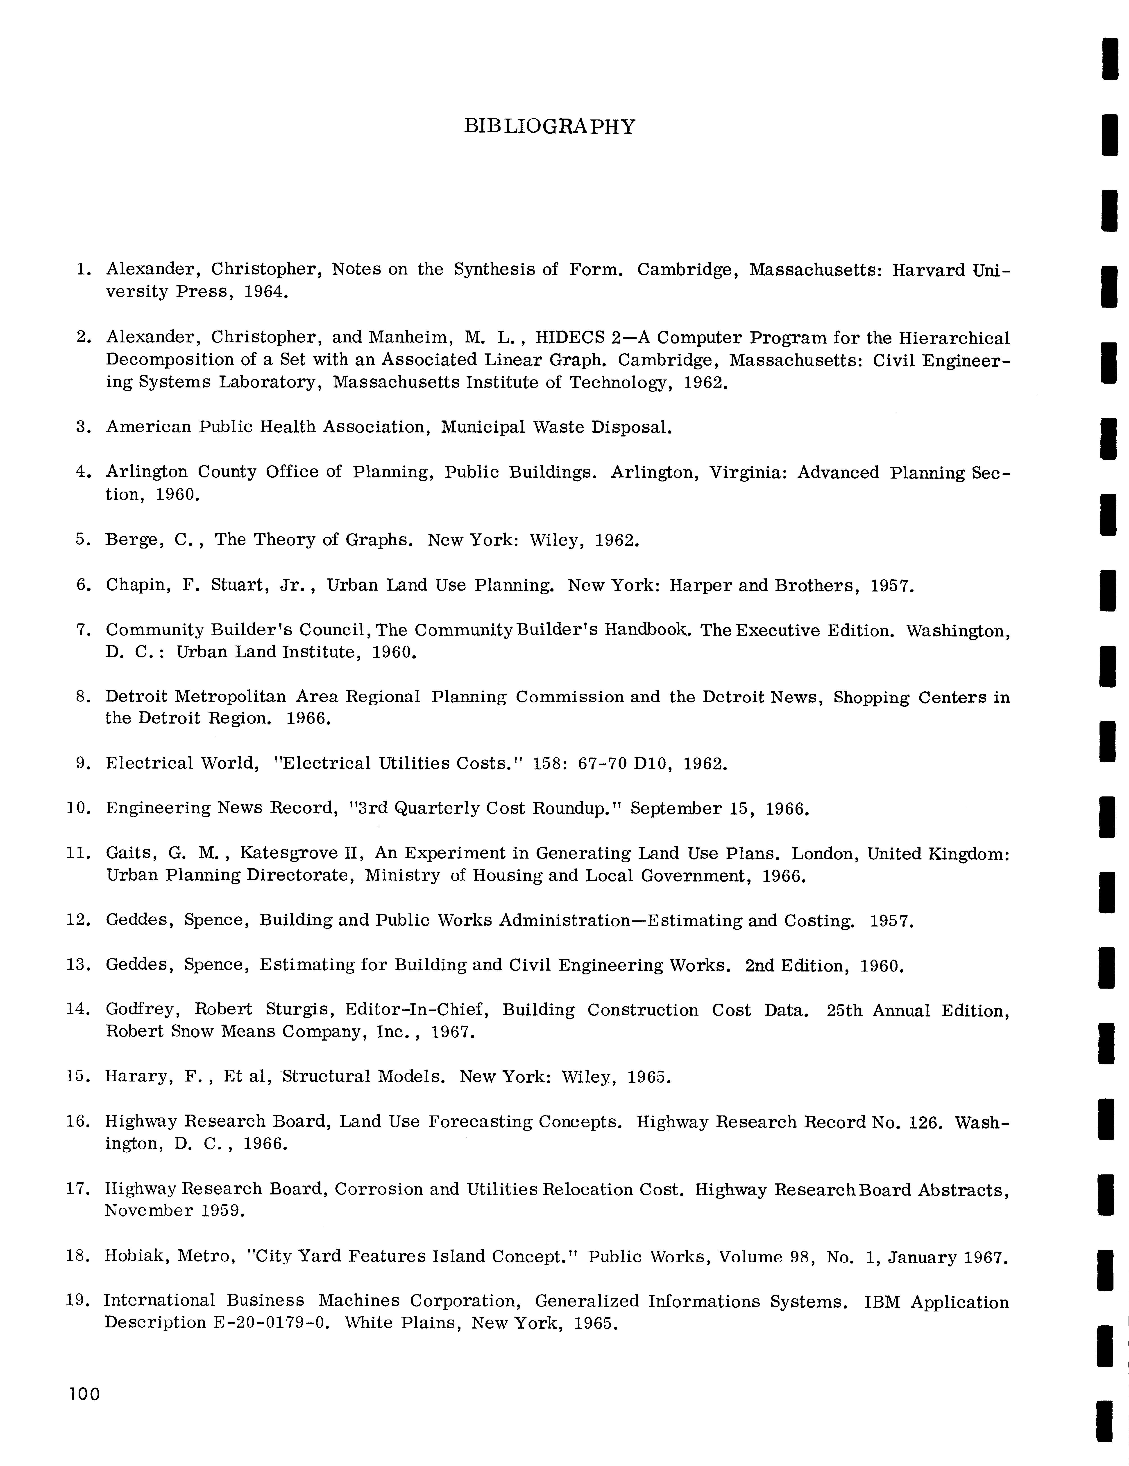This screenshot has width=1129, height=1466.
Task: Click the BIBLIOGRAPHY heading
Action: pyautogui.click(x=549, y=127)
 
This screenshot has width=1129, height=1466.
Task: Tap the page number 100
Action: pyautogui.click(x=84, y=1394)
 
